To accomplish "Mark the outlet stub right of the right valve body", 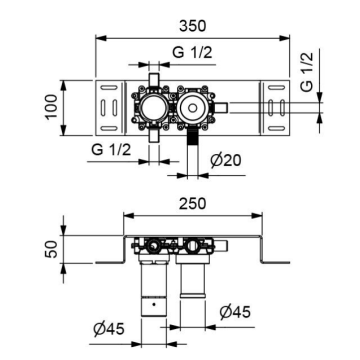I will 223,105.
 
